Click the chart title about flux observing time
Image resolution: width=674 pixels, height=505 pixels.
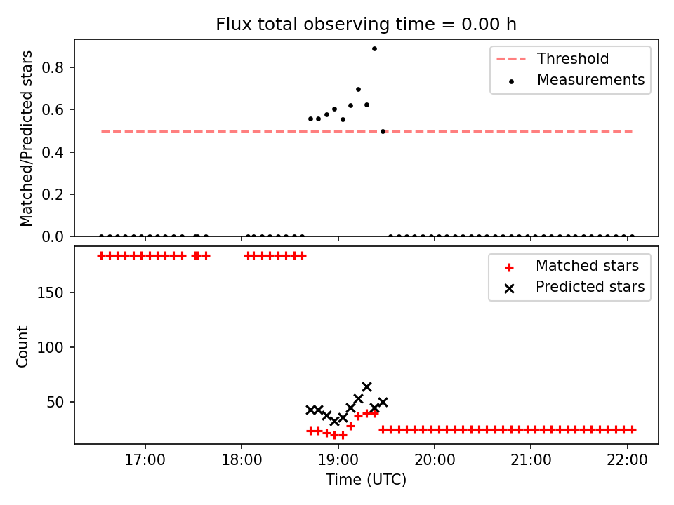[366, 25]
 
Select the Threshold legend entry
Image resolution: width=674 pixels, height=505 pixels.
[553, 58]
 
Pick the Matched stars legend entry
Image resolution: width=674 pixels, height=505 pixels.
[571, 266]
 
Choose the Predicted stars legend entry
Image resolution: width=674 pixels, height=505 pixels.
[574, 287]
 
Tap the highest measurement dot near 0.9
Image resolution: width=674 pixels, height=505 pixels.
[374, 49]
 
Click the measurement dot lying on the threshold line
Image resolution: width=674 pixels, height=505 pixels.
[383, 131]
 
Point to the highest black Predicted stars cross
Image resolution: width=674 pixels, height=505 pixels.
[366, 387]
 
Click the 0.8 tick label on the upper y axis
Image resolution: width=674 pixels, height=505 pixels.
[53, 67]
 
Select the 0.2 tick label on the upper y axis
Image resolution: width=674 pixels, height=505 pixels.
[53, 194]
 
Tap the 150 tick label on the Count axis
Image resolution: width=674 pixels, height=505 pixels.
[50, 293]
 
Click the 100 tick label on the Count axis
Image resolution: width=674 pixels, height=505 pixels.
[50, 347]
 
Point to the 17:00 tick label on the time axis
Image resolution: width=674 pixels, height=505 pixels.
[145, 460]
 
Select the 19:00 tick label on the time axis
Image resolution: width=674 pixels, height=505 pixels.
[338, 460]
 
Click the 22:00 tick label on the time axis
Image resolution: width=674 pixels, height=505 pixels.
[627, 460]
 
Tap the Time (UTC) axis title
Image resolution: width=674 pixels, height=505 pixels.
[366, 479]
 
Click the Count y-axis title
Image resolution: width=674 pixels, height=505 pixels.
[22, 346]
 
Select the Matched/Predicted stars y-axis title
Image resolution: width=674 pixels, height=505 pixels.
[26, 138]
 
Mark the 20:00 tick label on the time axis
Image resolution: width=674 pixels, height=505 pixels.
[435, 460]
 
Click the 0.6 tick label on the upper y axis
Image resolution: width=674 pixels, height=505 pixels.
[53, 110]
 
